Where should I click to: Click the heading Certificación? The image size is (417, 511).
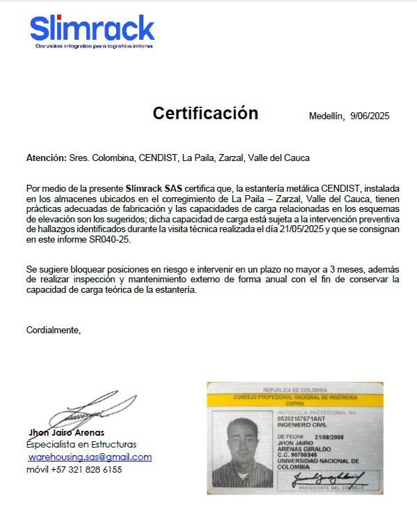(x=205, y=114)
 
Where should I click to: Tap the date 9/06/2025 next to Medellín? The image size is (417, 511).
(x=370, y=116)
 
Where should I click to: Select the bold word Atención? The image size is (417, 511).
(x=46, y=158)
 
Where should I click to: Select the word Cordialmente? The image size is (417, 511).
(x=54, y=330)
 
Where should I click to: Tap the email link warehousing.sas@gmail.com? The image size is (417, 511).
(x=90, y=457)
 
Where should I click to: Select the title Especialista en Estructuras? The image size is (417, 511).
(x=81, y=444)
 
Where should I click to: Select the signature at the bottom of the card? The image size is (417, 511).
(x=327, y=478)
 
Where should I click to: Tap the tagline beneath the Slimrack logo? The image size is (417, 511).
(x=94, y=47)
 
